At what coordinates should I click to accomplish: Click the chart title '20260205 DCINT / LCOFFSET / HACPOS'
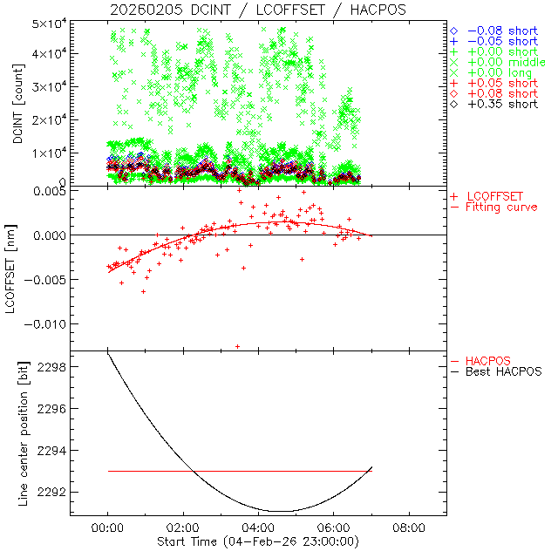coord(257,10)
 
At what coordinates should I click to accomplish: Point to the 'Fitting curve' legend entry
coord(501,207)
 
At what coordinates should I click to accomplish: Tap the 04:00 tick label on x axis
coord(258,528)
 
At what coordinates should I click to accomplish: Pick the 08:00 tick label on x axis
coord(409,528)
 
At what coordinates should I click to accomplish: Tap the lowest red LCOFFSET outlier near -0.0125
coord(237,346)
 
